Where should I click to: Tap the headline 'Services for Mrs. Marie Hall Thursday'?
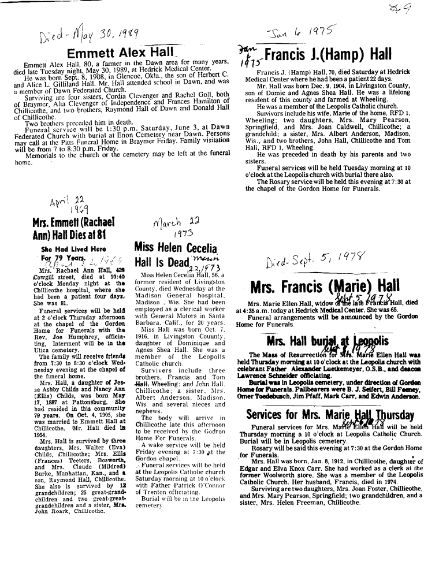coord(330,415)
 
